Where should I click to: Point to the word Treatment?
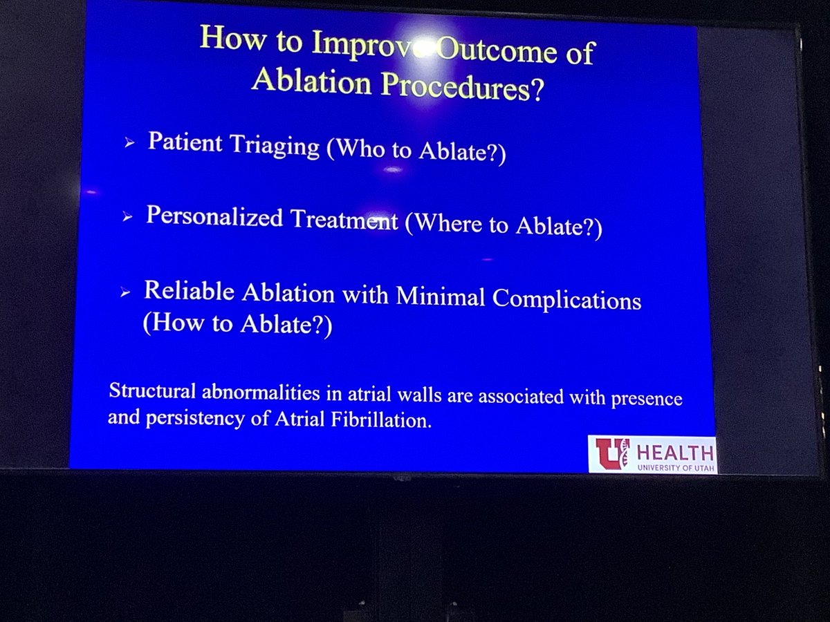pos(344,220)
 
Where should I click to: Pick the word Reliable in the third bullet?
pos(189,291)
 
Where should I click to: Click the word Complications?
pos(566,299)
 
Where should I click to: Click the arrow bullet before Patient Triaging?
pos(129,144)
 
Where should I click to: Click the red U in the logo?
pos(611,453)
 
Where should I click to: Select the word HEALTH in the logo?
pos(674,453)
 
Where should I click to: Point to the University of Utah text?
pos(674,467)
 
